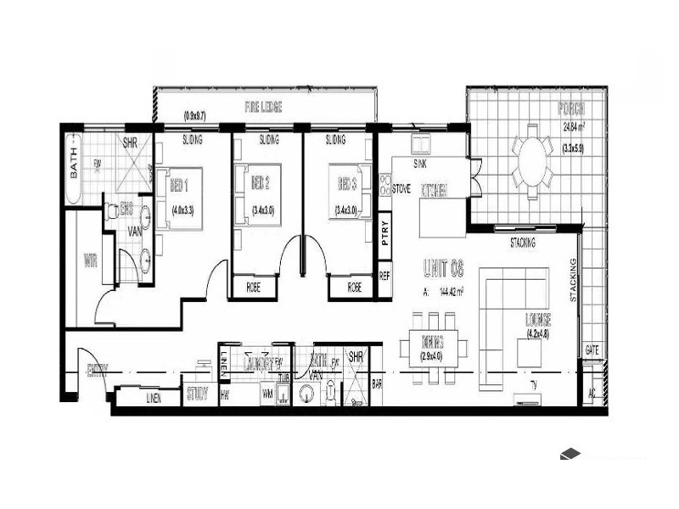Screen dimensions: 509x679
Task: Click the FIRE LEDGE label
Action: click(x=263, y=108)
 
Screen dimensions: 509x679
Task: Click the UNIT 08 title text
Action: click(x=443, y=270)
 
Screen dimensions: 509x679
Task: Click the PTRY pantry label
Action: click(x=385, y=232)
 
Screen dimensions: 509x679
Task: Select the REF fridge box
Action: click(x=384, y=276)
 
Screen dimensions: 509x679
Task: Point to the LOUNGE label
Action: click(x=538, y=321)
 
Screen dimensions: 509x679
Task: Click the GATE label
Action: click(x=592, y=350)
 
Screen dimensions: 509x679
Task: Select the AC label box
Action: click(x=592, y=394)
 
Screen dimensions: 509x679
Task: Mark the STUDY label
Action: click(x=197, y=394)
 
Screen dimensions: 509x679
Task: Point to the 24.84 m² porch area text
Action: click(x=575, y=128)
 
